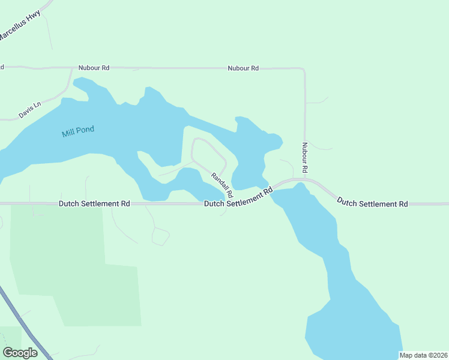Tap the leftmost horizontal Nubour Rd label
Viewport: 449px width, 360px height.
pyautogui.click(x=93, y=68)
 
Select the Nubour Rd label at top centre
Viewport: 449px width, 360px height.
pyautogui.click(x=243, y=68)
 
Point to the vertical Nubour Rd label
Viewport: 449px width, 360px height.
pyautogui.click(x=305, y=158)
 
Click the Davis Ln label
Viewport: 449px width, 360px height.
pyautogui.click(x=29, y=109)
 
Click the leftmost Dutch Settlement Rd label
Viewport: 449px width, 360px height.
pyautogui.click(x=94, y=204)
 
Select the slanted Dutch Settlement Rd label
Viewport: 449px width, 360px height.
pyautogui.click(x=239, y=199)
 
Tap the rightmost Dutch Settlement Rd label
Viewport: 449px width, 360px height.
pyautogui.click(x=372, y=202)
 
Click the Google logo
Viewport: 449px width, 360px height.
pyautogui.click(x=20, y=352)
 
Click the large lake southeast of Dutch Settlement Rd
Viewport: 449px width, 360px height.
pyautogui.click(x=342, y=300)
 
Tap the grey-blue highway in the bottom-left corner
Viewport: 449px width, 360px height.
pyautogui.click(x=24, y=324)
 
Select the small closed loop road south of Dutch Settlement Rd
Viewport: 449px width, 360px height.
pyautogui.click(x=160, y=237)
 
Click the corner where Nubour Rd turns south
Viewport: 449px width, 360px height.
pyautogui.click(x=303, y=70)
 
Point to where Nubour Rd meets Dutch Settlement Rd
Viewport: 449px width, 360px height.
pyautogui.click(x=305, y=179)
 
